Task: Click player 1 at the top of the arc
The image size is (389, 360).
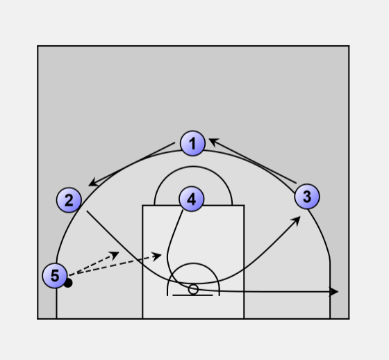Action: [193, 143]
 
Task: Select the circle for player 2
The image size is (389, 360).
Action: [69, 200]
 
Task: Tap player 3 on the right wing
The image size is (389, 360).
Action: [307, 197]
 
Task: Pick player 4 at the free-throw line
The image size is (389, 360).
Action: [192, 199]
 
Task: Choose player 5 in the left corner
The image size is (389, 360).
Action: [55, 276]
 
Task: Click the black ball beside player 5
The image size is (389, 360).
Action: [68, 283]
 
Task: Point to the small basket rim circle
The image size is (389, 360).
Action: [193, 289]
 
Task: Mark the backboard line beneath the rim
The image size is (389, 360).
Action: [192, 295]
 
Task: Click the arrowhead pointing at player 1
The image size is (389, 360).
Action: [214, 142]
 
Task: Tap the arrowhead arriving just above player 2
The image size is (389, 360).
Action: [93, 183]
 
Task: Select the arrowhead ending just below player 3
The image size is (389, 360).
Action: [297, 220]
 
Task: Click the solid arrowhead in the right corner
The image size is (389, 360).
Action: [333, 292]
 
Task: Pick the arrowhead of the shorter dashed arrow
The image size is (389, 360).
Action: [115, 255]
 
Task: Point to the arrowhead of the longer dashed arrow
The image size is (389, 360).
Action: [157, 256]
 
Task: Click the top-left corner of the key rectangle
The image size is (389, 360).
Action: [142, 205]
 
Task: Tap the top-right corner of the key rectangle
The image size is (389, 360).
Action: [244, 205]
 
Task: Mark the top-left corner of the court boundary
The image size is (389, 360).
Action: [38, 46]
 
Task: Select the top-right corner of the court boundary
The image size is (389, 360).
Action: [349, 46]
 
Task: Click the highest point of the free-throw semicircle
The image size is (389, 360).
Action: [193, 166]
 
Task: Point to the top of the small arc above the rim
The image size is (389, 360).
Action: [194, 263]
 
